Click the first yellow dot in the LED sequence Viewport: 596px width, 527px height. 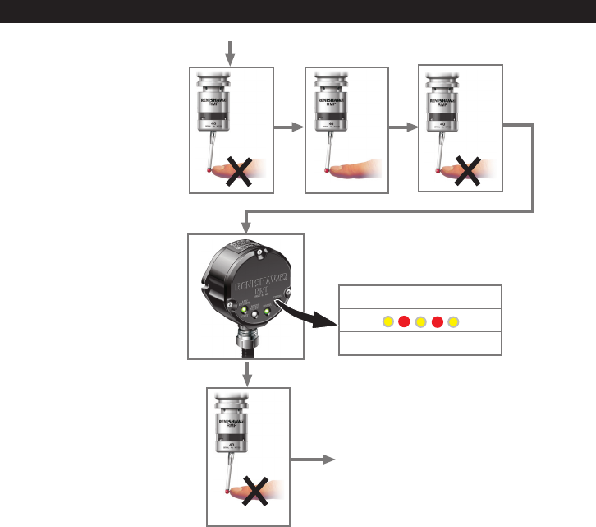point(387,321)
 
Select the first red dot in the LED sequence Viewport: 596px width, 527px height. point(404,321)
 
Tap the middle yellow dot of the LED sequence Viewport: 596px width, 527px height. point(420,321)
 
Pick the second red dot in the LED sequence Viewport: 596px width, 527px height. point(438,321)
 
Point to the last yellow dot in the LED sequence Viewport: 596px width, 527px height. point(454,321)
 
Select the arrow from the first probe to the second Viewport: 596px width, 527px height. point(287,127)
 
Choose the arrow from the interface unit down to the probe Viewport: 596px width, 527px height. point(246,374)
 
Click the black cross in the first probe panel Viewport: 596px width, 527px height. point(238,172)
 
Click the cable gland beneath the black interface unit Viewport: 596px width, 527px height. point(246,341)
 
